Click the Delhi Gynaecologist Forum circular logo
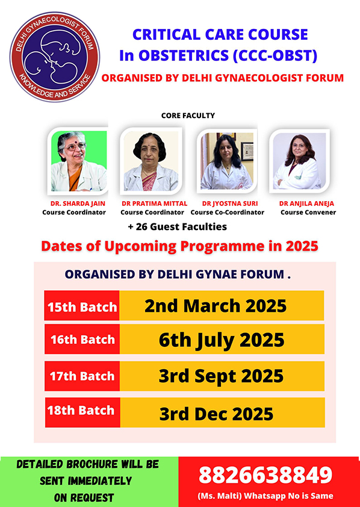click(55, 57)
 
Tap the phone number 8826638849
click(265, 475)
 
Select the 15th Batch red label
click(82, 305)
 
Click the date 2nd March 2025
click(216, 305)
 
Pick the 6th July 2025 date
click(222, 340)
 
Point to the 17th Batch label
click(82, 376)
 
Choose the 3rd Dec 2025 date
click(216, 413)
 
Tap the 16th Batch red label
click(82, 339)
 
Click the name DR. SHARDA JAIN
click(78, 204)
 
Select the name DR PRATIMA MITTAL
click(155, 204)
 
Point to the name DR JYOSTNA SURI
click(230, 204)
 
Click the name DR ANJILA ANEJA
click(306, 204)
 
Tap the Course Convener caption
click(308, 213)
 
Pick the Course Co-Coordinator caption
click(228, 213)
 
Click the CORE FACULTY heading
click(188, 116)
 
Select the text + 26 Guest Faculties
click(178, 227)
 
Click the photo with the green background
click(79, 161)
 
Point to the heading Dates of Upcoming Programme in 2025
click(179, 246)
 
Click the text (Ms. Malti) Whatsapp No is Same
click(265, 496)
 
